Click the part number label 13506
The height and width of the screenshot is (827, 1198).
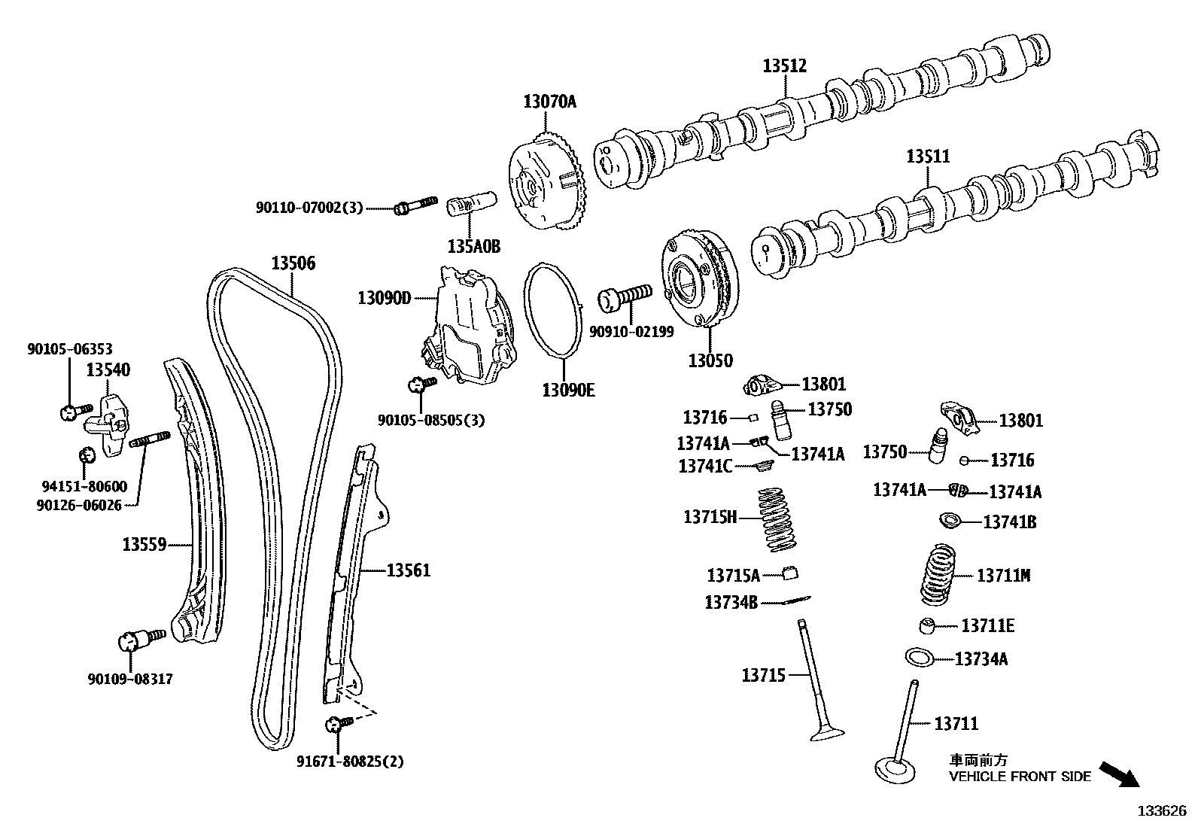pos(293,263)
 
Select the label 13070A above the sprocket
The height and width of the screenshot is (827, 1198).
pos(549,102)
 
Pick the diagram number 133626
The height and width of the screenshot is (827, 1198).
pos(1161,811)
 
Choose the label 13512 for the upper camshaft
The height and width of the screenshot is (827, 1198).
pos(784,66)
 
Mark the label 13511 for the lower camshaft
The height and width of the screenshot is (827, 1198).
pos(927,157)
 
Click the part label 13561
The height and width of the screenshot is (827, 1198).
pos(408,570)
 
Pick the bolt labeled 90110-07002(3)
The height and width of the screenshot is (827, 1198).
pos(415,205)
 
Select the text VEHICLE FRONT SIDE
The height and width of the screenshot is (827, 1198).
pos(1020,777)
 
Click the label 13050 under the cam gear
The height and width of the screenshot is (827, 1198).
pos(710,360)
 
